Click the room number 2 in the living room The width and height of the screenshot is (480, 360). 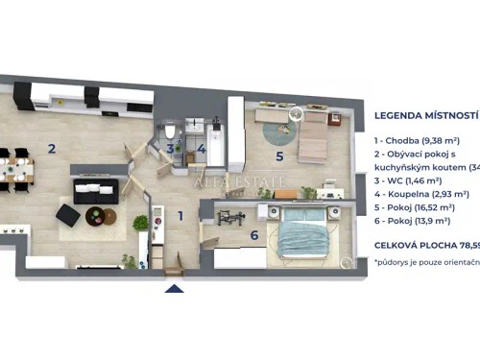(x=51, y=149)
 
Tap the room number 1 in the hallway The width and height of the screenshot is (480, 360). (x=179, y=216)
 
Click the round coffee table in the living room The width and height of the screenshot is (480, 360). (x=99, y=216)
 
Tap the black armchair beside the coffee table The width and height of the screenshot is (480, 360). (x=68, y=215)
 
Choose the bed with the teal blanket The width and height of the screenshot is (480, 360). (x=305, y=236)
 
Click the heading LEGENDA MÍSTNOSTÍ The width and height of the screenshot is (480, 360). (x=426, y=115)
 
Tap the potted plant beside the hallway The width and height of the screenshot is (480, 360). (x=141, y=224)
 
